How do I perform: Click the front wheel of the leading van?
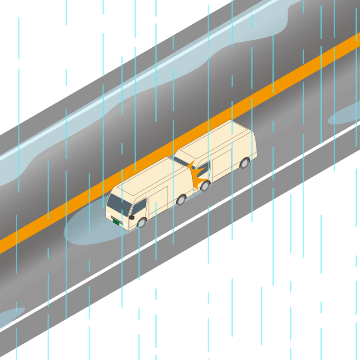pyautogui.click(x=142, y=223)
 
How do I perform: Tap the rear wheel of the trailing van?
pyautogui.click(x=244, y=163)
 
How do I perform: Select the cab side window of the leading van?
pyautogui.click(x=139, y=207)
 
